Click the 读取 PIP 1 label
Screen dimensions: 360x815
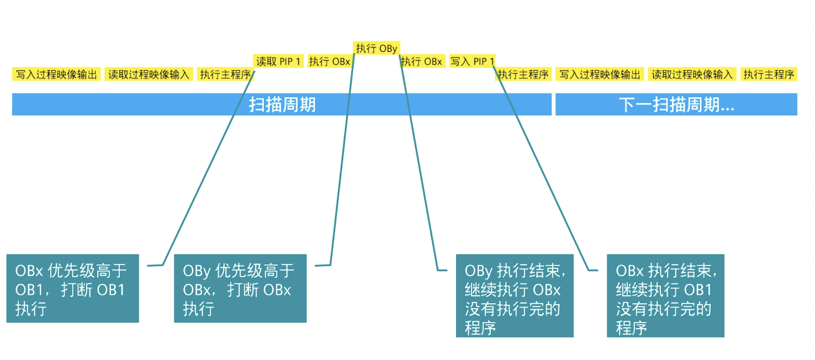point(278,61)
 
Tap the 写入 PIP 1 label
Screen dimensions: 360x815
point(472,61)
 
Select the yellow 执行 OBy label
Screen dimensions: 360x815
point(376,48)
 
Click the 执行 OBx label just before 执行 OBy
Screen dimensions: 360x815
point(329,61)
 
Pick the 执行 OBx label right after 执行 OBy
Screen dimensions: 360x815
point(422,61)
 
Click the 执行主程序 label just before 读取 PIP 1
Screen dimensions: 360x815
point(225,75)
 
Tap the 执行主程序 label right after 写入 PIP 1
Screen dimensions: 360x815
point(523,75)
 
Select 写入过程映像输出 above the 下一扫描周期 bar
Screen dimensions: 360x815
point(600,75)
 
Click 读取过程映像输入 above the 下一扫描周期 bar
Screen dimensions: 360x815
point(692,75)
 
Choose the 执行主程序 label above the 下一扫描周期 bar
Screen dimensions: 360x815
point(769,75)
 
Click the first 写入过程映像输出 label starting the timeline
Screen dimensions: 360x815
point(56,75)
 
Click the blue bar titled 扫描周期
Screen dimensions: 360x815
point(282,104)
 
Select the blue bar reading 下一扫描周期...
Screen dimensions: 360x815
point(676,104)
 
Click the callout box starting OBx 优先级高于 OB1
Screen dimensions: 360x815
point(72,288)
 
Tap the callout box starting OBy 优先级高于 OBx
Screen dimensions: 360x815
point(240,288)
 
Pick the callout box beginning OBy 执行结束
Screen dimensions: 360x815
point(515,295)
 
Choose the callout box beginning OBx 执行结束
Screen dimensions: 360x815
point(665,295)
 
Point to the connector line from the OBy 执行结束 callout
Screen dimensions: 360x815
point(420,166)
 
